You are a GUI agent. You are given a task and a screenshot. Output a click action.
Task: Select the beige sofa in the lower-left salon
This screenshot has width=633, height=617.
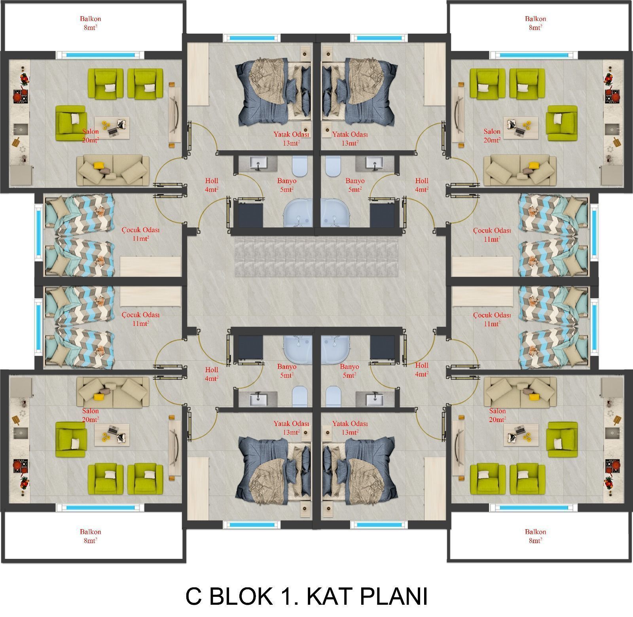[113, 393]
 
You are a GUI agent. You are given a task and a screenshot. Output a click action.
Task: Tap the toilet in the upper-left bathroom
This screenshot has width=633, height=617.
[299, 167]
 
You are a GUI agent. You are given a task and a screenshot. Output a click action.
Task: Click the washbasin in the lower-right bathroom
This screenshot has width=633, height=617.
[374, 400]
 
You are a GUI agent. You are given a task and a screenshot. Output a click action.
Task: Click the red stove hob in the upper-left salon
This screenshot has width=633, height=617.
[18, 96]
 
